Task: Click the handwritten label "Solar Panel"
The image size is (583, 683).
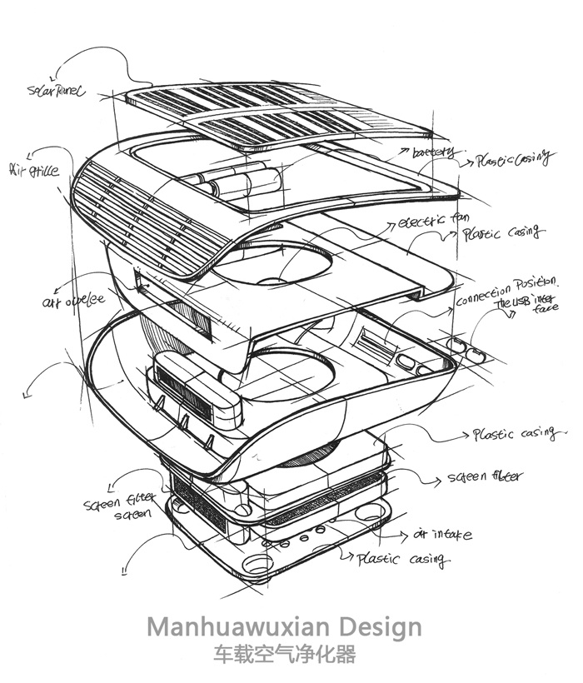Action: point(57,89)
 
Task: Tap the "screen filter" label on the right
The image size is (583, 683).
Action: point(486,477)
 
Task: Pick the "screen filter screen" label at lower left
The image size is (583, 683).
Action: point(117,508)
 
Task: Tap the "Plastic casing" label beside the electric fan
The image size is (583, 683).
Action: point(502,233)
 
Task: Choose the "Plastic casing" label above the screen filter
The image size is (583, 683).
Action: point(514,434)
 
